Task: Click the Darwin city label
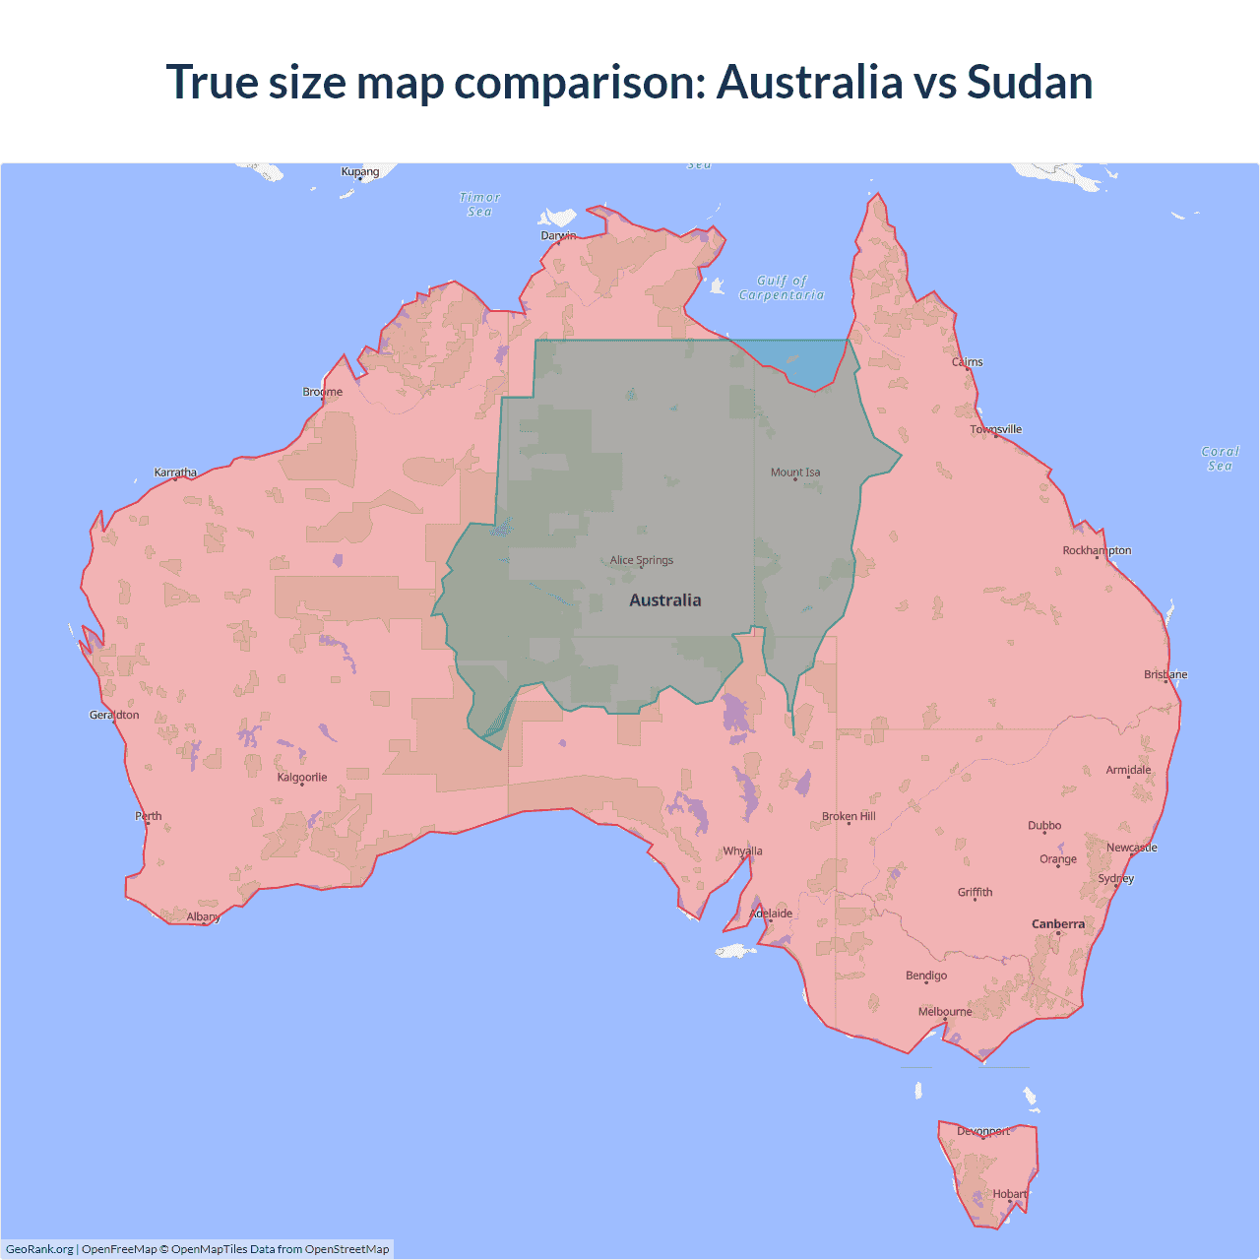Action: click(558, 235)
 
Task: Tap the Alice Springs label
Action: click(642, 560)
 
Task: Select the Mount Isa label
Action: click(795, 472)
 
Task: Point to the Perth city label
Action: click(149, 816)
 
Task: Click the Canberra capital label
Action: click(1058, 924)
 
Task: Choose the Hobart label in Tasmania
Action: click(1010, 1194)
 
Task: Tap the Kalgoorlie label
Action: click(302, 778)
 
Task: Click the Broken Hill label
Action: click(849, 817)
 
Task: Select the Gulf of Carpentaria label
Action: click(782, 287)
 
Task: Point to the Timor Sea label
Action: click(480, 205)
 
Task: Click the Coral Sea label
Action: click(1220, 459)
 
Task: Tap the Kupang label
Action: click(360, 171)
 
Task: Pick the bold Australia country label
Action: click(665, 600)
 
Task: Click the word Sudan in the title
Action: click(1030, 82)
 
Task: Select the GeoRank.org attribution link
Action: click(39, 1249)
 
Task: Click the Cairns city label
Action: click(967, 362)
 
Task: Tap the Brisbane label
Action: click(1165, 674)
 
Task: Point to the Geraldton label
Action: click(114, 715)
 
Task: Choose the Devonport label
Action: click(983, 1131)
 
